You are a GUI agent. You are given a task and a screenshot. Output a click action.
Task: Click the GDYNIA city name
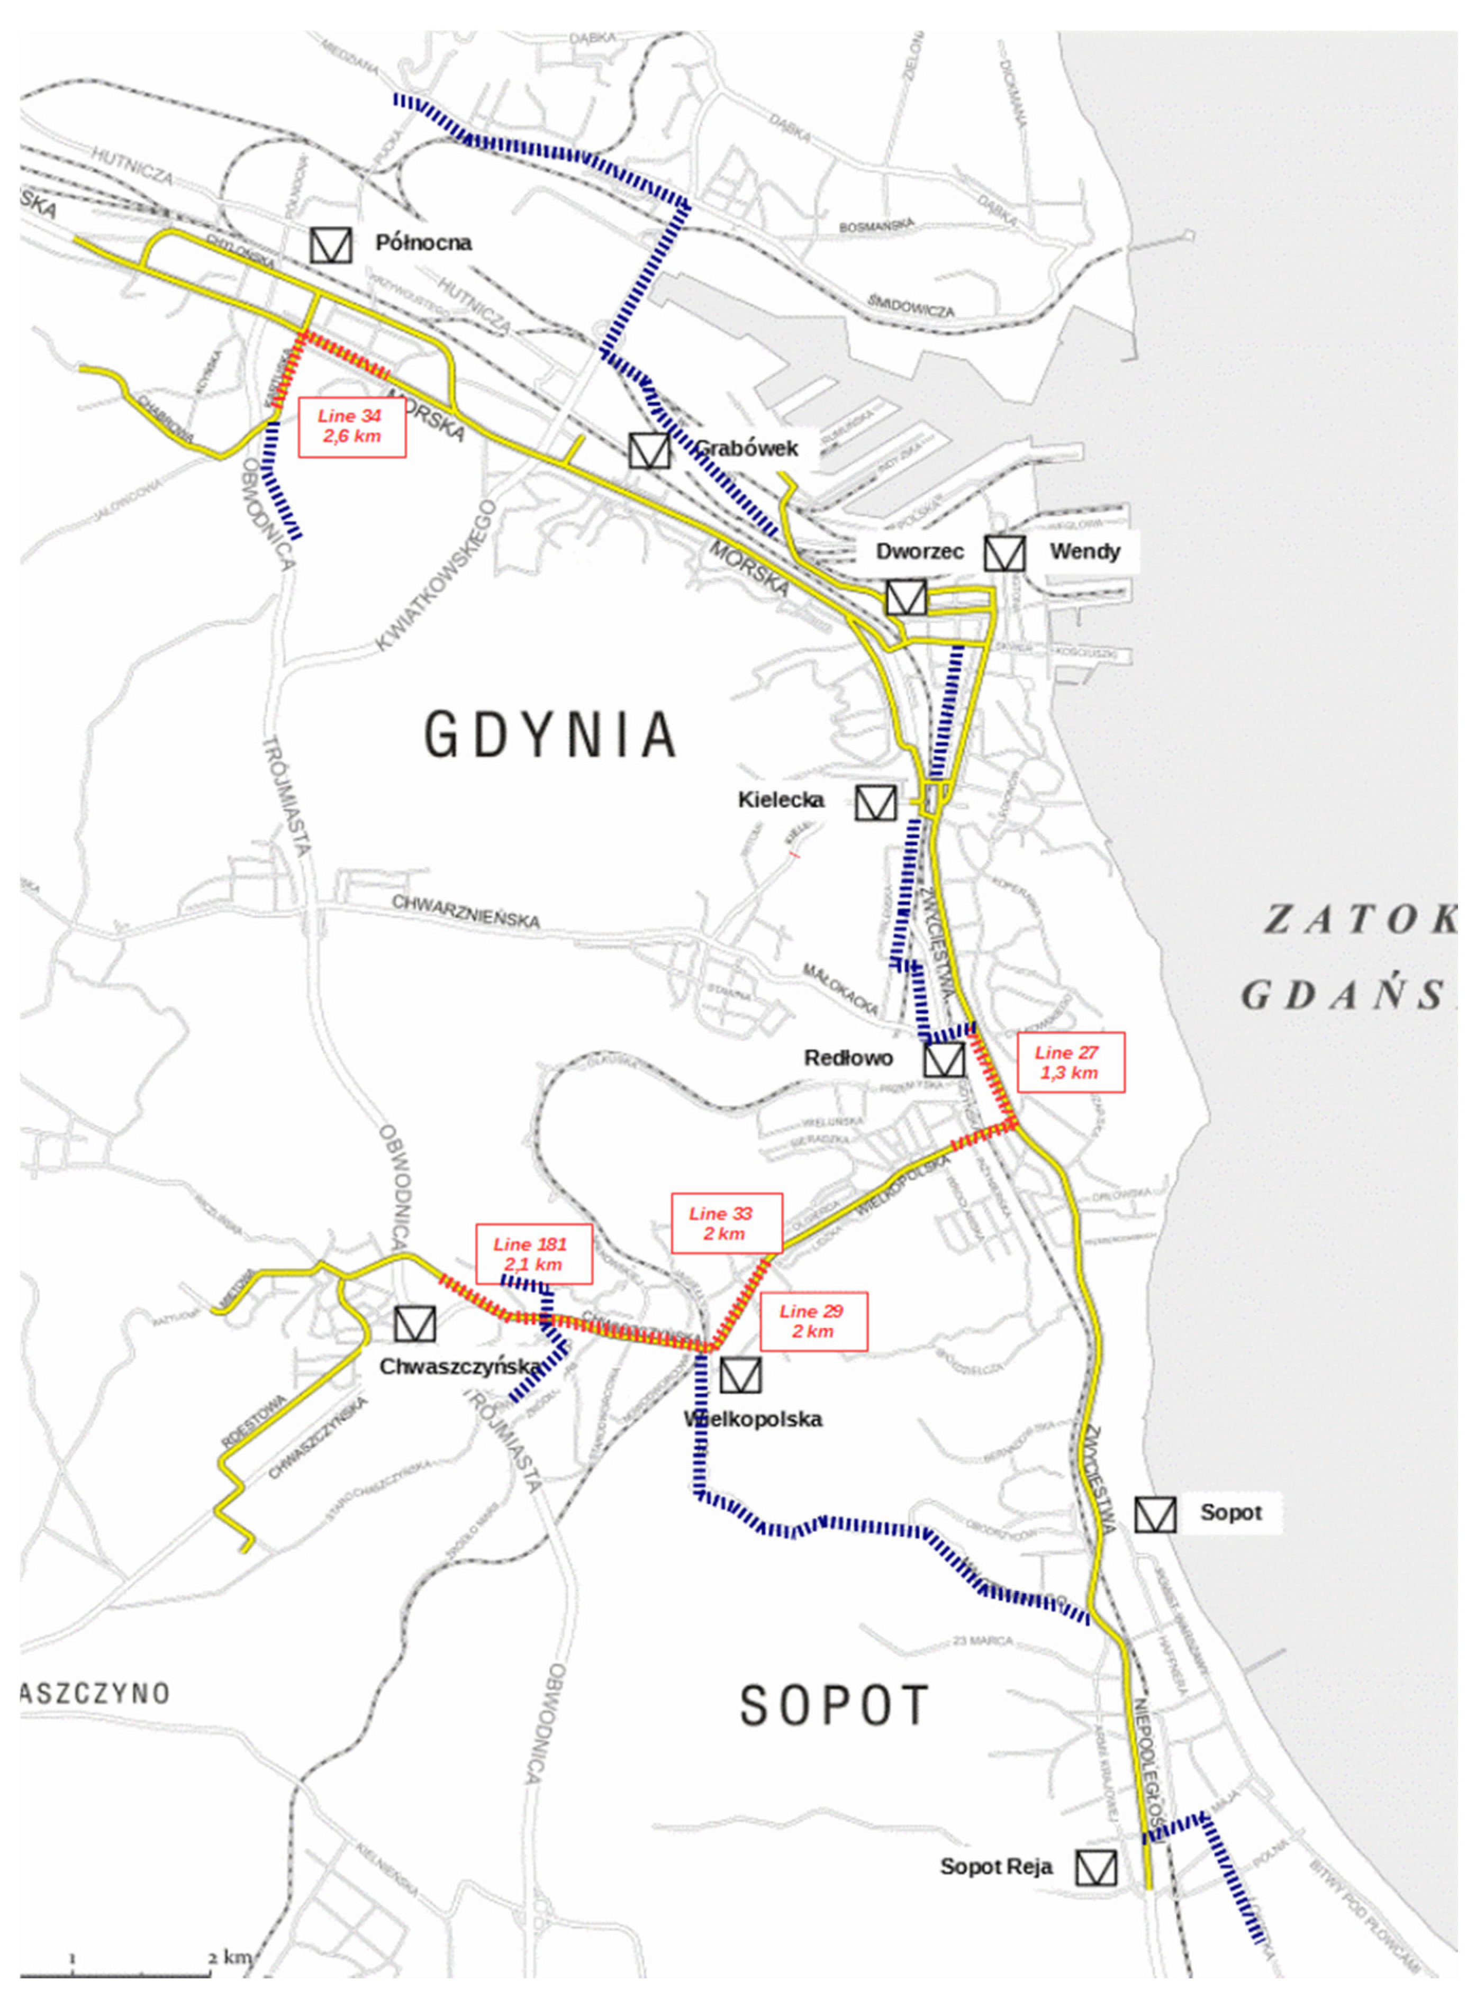click(549, 735)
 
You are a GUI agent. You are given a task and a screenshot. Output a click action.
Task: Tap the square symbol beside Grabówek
click(649, 450)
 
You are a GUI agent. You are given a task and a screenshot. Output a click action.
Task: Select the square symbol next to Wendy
click(1004, 553)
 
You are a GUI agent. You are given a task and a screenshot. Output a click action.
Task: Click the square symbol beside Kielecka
click(875, 802)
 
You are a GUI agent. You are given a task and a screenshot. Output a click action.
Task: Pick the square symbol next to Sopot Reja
click(1095, 1867)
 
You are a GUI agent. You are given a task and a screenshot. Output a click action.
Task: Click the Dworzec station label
click(919, 551)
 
